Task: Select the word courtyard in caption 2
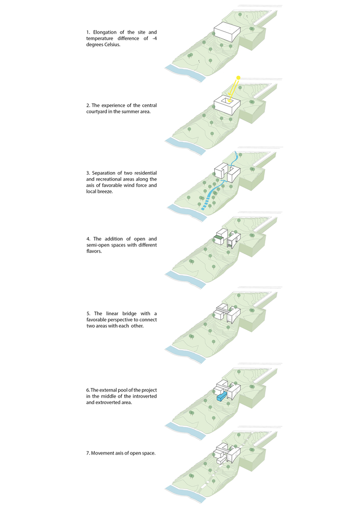point(101,112)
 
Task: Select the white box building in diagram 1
point(227,33)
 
